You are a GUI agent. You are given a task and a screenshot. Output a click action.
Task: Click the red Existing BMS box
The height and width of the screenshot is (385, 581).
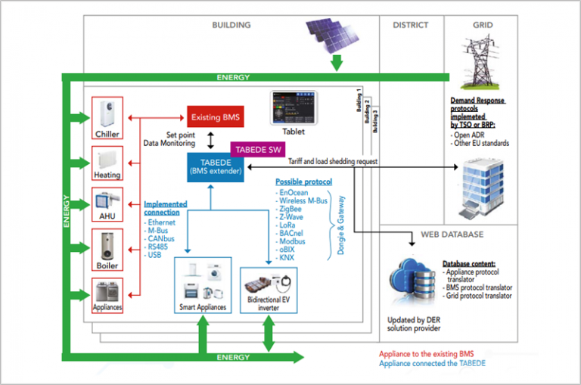216,117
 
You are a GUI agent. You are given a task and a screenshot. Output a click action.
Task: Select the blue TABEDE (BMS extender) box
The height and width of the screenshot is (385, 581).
216,166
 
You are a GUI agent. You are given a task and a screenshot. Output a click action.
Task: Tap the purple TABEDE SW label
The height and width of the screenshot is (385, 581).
256,148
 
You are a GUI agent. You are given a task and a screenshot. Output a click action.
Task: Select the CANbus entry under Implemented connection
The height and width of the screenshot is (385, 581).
163,239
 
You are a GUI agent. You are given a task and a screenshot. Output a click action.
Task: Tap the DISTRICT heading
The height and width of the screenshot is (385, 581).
411,25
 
